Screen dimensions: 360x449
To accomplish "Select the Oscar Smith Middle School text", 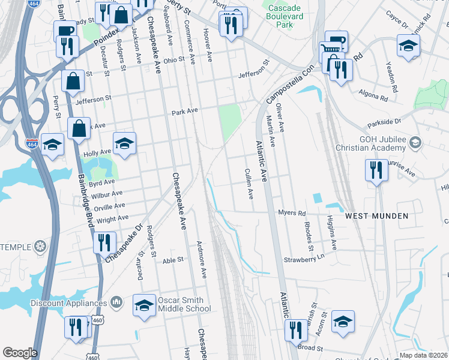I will coord(184,304).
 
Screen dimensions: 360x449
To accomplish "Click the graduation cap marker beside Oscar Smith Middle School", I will coord(145,305).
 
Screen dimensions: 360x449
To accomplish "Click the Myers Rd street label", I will coord(292,213).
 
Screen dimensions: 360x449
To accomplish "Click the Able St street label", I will coord(173,260).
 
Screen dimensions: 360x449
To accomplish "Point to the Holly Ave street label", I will coord(98,153).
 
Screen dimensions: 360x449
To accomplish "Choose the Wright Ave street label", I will coord(112,219).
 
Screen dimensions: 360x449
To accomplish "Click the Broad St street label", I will coord(310,347).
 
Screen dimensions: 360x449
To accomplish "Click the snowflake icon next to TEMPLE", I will coord(40,246).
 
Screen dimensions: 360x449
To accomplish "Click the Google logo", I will coord(20,353).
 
